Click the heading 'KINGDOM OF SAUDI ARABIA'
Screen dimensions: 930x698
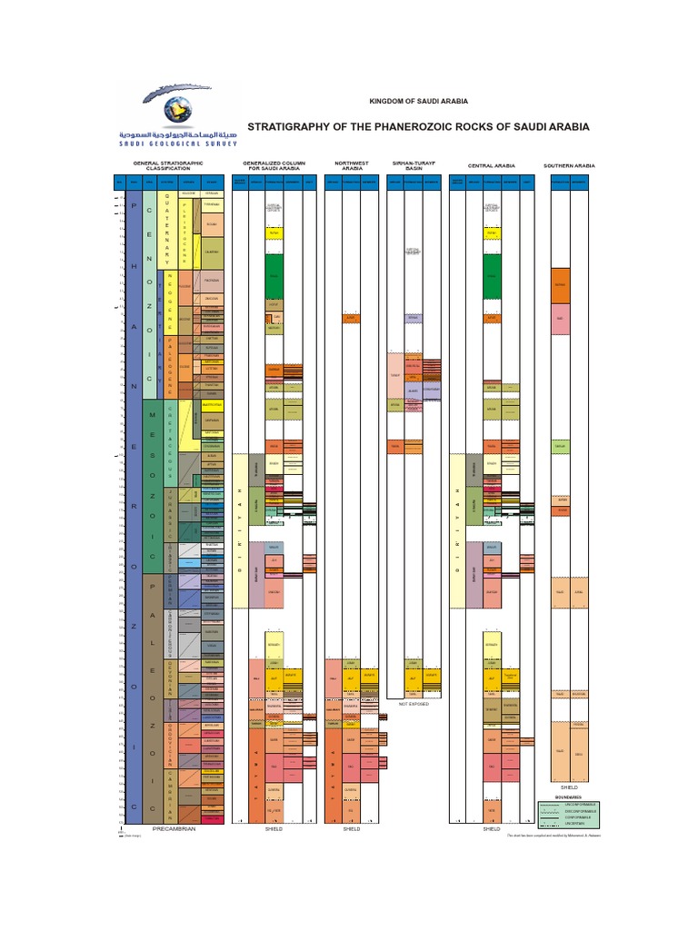coord(418,101)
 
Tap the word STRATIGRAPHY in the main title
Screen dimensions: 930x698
coord(294,126)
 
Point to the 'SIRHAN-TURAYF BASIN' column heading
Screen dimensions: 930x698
coord(414,166)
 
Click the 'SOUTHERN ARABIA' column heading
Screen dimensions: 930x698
coord(569,166)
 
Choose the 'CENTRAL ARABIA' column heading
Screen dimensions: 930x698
coord(491,166)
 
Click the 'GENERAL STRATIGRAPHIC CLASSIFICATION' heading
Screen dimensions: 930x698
coord(169,166)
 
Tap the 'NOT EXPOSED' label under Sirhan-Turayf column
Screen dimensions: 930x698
coord(414,703)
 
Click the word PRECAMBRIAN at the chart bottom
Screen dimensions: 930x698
coord(174,829)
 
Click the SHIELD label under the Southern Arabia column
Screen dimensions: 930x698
coord(569,787)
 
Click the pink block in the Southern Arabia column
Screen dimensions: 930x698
coord(560,318)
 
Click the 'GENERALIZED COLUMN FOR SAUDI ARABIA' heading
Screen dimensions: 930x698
coord(274,166)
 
